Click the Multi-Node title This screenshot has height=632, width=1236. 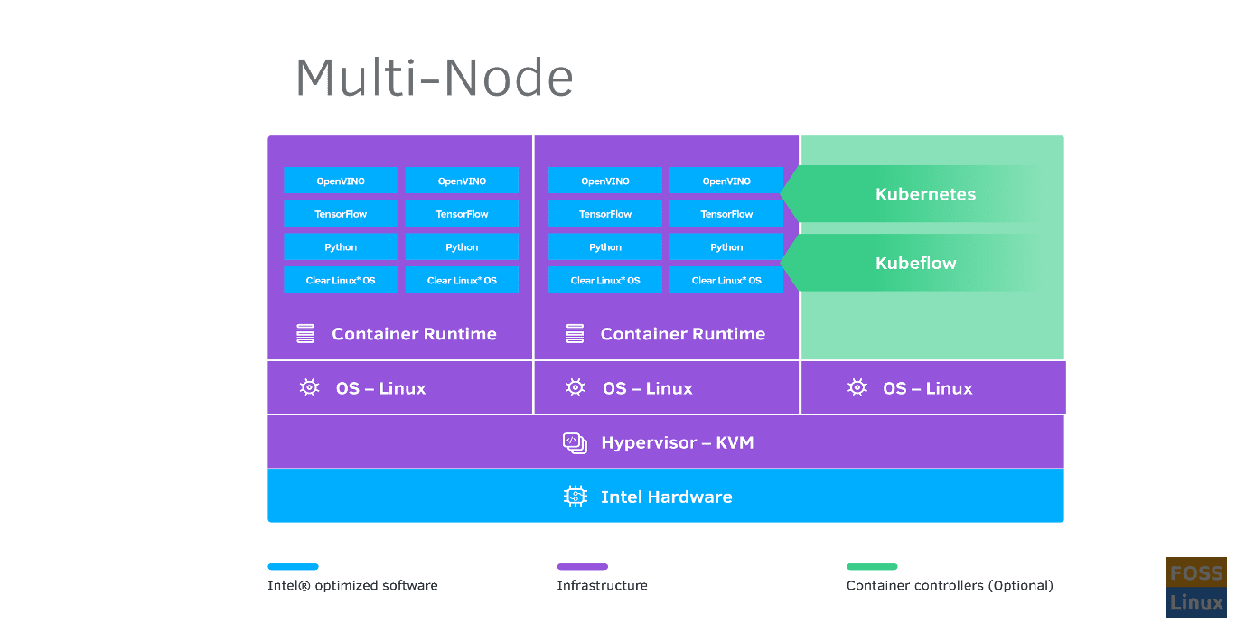(x=435, y=79)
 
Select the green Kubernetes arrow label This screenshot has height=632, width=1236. (x=925, y=194)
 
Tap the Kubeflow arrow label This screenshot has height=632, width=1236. (x=915, y=264)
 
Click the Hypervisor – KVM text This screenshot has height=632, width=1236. (x=677, y=442)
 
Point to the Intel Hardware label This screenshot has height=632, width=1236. (x=666, y=497)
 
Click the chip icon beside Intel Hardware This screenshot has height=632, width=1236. (x=576, y=496)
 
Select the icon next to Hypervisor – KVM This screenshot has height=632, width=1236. (x=575, y=441)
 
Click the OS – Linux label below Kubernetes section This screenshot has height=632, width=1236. (x=927, y=388)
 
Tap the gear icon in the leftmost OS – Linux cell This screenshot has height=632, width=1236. (x=309, y=387)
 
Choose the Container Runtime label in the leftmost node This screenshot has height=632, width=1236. (x=414, y=334)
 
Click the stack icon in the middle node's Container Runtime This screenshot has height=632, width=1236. (x=575, y=334)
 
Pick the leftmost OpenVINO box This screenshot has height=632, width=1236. (x=341, y=181)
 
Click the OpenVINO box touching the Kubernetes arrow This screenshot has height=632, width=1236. (x=726, y=181)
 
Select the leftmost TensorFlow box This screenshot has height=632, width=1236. (x=341, y=214)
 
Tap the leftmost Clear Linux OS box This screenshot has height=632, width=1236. (x=341, y=280)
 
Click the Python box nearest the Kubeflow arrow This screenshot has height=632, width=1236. (x=726, y=246)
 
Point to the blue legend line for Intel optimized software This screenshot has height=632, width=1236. (x=293, y=567)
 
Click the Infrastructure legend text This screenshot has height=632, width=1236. (x=602, y=585)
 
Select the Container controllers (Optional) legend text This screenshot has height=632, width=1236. (x=950, y=585)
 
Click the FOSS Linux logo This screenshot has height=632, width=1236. (x=1195, y=588)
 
